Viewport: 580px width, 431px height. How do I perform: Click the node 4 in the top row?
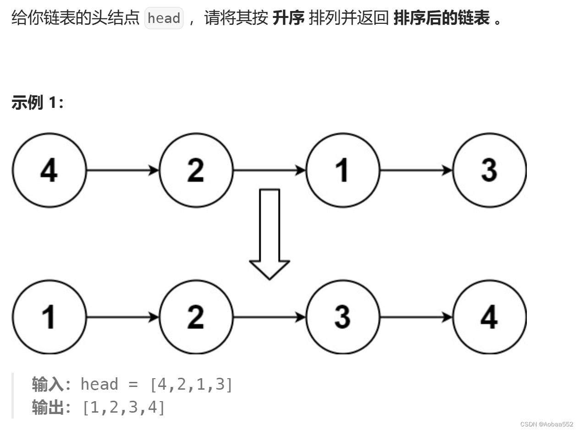point(49,170)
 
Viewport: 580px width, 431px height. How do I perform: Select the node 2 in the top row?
point(196,170)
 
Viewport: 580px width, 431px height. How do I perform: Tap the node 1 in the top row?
point(343,170)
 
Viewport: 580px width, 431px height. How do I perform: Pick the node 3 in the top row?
point(489,170)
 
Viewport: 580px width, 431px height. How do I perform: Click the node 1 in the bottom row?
point(49,317)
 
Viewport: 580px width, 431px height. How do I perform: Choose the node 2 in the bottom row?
point(196,317)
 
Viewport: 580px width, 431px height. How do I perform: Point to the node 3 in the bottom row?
point(343,317)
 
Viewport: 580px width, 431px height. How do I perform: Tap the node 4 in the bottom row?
point(489,317)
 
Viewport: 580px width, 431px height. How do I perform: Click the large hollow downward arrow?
point(269,234)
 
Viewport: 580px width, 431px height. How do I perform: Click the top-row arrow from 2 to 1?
point(269,170)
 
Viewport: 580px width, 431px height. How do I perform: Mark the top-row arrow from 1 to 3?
point(416,170)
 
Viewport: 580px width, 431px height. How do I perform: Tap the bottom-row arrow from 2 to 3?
point(269,317)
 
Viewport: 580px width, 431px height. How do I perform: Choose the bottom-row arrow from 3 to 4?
point(416,317)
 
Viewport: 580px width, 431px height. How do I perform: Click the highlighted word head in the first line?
point(164,19)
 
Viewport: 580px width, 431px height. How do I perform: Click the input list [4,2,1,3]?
point(191,384)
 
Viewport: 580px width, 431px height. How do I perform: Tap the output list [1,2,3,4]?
point(123,407)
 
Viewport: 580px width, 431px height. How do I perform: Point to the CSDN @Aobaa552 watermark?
point(547,424)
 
